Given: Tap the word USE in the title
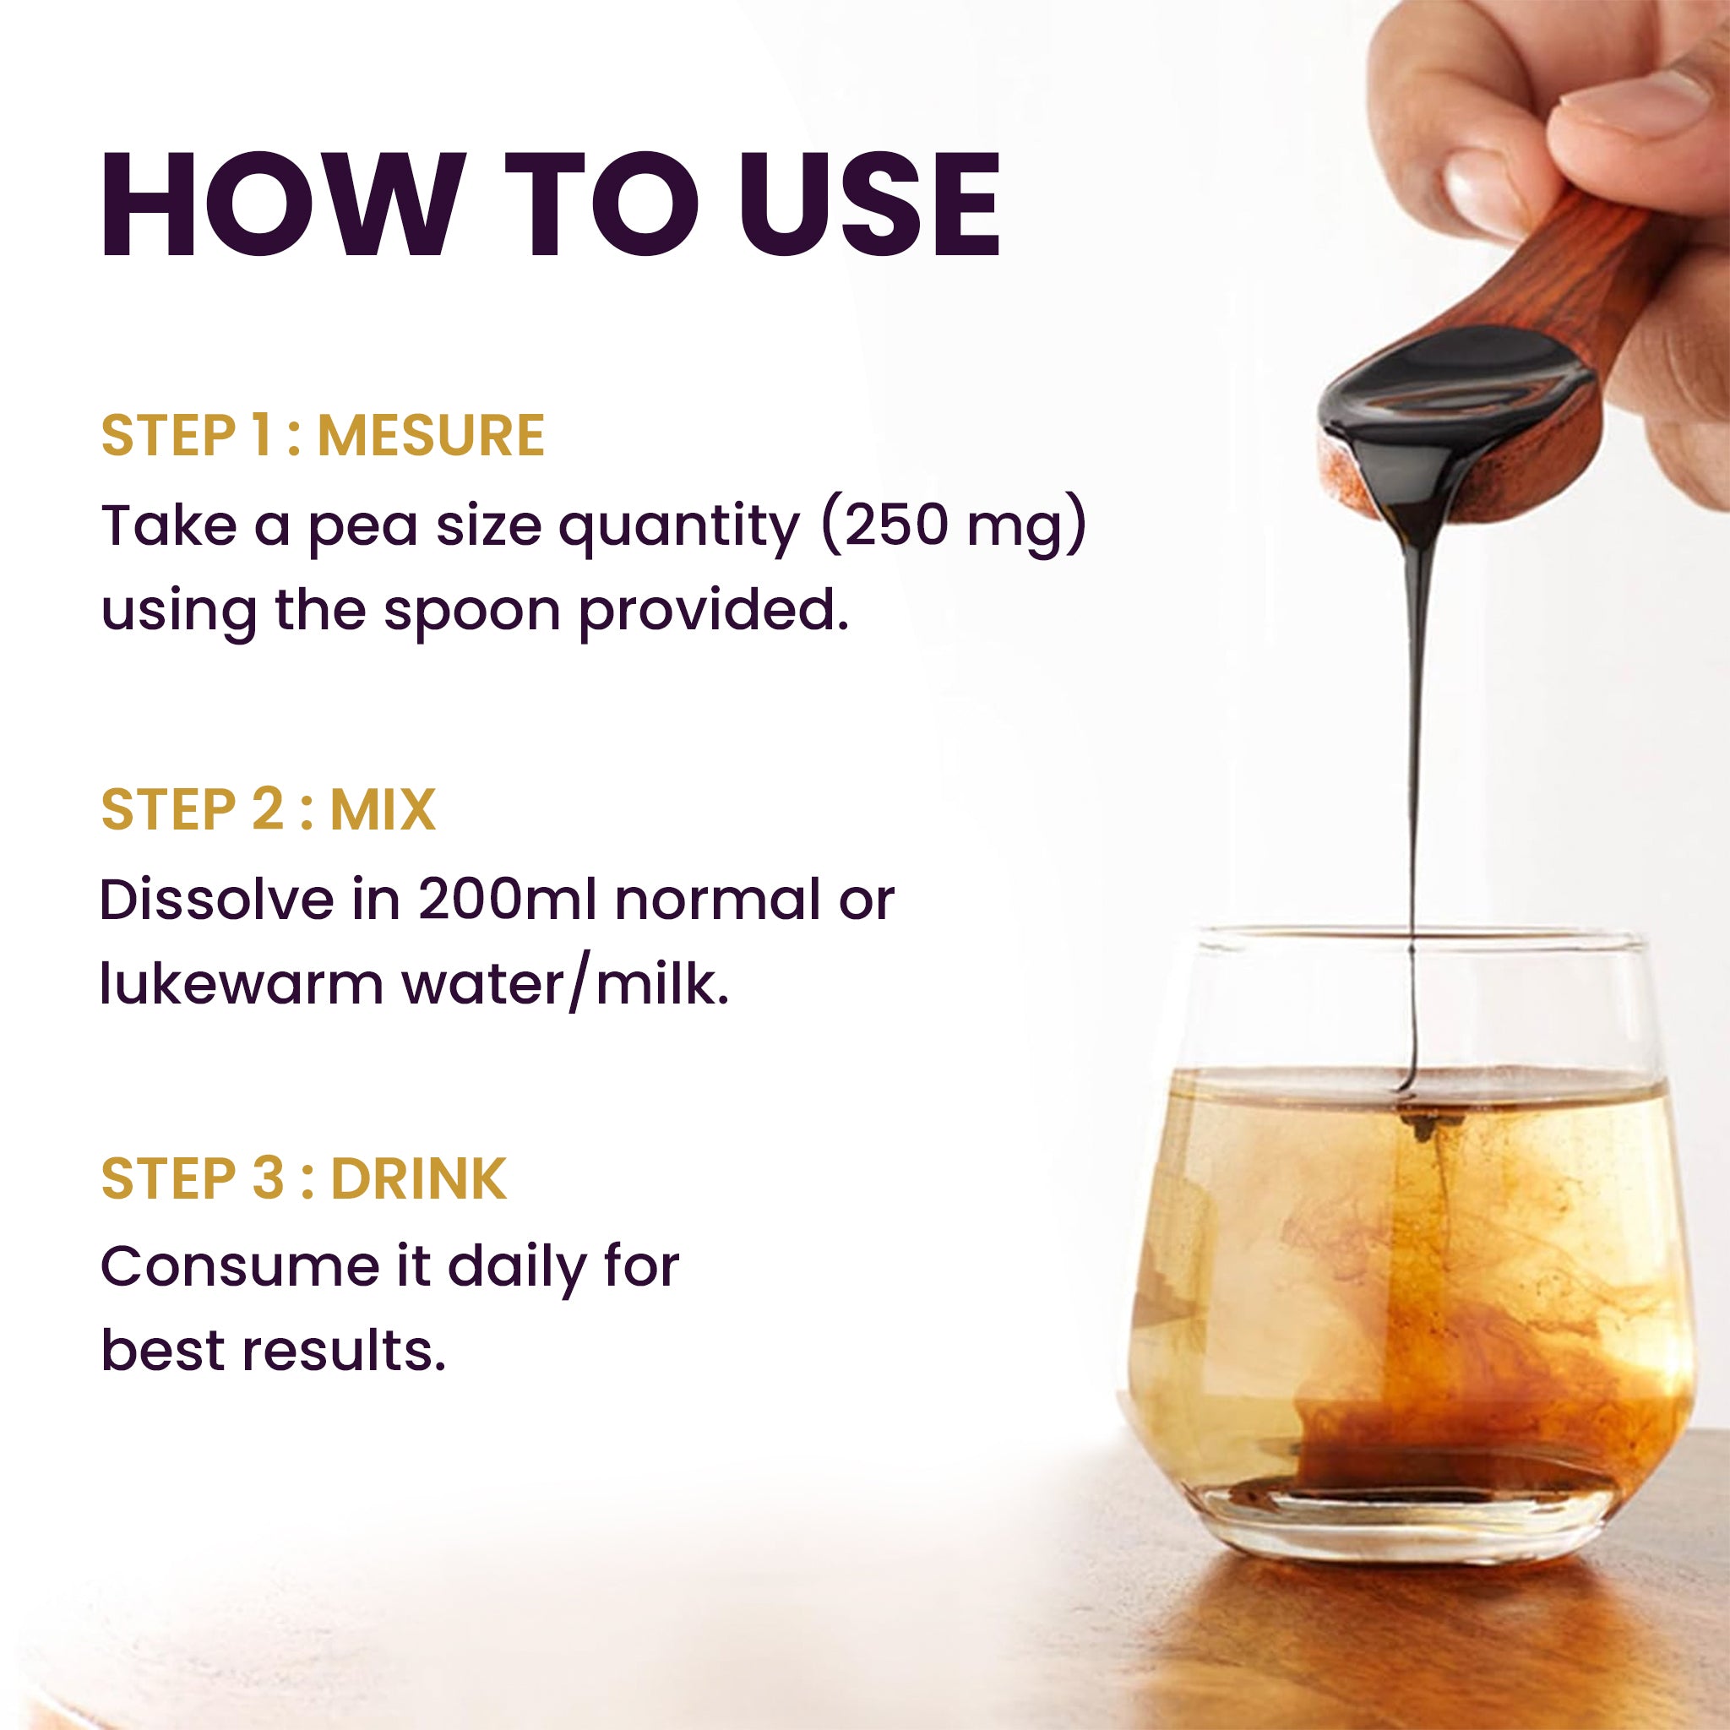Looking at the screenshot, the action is pos(868,205).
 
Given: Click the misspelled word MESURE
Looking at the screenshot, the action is pos(431,435).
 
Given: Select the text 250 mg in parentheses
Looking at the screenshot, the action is pos(954,526).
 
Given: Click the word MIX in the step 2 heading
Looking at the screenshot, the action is pos(383,809).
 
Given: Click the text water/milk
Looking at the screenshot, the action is pos(564,984).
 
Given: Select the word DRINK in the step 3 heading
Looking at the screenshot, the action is pos(418,1178).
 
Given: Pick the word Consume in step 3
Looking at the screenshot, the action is pos(240,1266).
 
